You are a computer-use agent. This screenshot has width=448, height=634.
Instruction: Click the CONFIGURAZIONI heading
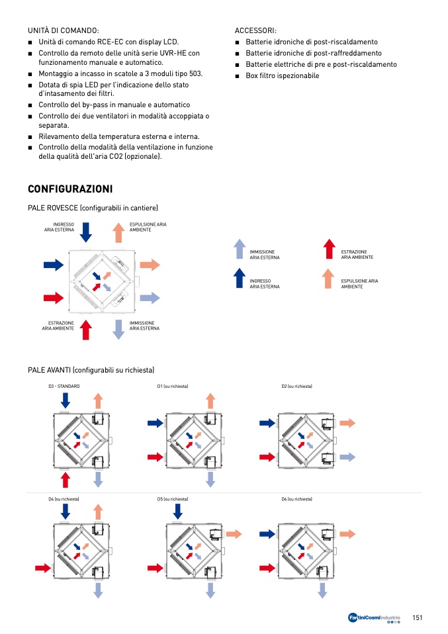tap(70, 189)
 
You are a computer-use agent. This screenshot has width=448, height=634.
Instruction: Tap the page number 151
tap(417, 617)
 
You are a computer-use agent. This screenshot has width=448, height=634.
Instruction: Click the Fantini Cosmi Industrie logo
tap(375, 618)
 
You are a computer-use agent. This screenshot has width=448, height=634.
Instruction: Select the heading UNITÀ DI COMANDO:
tap(64, 30)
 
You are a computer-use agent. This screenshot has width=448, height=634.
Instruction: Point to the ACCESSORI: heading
tap(255, 30)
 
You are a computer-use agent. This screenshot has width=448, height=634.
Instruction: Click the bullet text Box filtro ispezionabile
tap(283, 75)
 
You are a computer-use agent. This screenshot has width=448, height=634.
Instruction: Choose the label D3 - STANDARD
tap(64, 386)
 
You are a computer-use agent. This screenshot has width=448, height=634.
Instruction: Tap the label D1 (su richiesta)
tap(173, 386)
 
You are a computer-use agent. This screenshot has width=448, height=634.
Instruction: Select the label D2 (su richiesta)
tap(296, 386)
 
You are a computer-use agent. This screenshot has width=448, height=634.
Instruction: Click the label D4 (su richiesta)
tap(64, 499)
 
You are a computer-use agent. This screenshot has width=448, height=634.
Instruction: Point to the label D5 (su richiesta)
tap(173, 499)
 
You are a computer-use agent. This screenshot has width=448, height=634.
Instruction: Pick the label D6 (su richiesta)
tap(296, 499)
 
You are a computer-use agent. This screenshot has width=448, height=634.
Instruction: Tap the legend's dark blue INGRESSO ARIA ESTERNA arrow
tap(240, 278)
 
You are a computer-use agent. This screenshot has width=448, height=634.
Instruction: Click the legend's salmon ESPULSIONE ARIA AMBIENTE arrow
tap(330, 278)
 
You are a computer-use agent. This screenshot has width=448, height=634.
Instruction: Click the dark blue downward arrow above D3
tap(65, 400)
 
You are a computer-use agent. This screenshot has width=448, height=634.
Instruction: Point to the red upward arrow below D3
tap(65, 479)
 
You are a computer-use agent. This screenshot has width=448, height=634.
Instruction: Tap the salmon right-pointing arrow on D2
tap(348, 423)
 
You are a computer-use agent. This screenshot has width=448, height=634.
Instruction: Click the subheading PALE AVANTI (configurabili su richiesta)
tap(91, 369)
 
